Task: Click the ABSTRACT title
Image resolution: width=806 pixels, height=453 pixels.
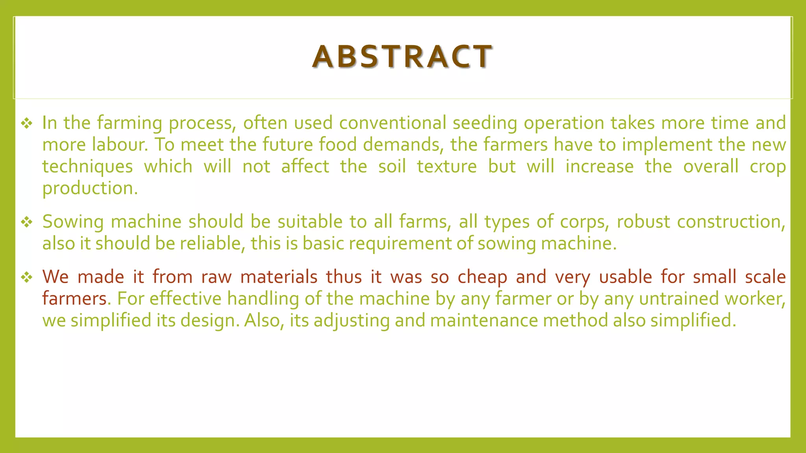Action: [x=402, y=57]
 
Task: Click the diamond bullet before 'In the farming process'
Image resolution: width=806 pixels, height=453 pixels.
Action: [x=27, y=123]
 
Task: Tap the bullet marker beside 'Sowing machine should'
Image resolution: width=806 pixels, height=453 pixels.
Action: [x=27, y=222]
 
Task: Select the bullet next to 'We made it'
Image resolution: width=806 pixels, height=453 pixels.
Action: [x=27, y=278]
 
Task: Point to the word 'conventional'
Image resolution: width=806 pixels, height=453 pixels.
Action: [x=392, y=123]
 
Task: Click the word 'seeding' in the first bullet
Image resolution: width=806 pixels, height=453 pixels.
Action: [x=484, y=123]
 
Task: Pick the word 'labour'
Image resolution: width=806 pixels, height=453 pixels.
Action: [x=119, y=144]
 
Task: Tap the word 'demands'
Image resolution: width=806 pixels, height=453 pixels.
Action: [x=401, y=144]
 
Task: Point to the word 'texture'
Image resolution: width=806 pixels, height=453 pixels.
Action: [x=447, y=166]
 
